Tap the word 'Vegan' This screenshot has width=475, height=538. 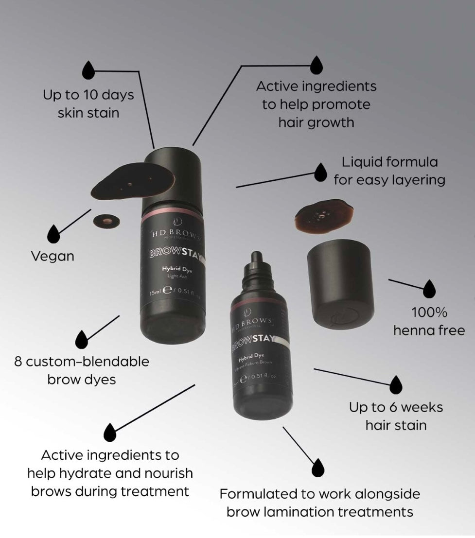tap(53, 256)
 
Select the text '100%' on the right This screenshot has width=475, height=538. tap(429, 312)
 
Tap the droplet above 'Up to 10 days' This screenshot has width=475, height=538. tap(88, 70)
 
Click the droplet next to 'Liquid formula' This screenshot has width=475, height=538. tap(320, 173)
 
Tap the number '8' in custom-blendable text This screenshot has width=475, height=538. tap(18, 362)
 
